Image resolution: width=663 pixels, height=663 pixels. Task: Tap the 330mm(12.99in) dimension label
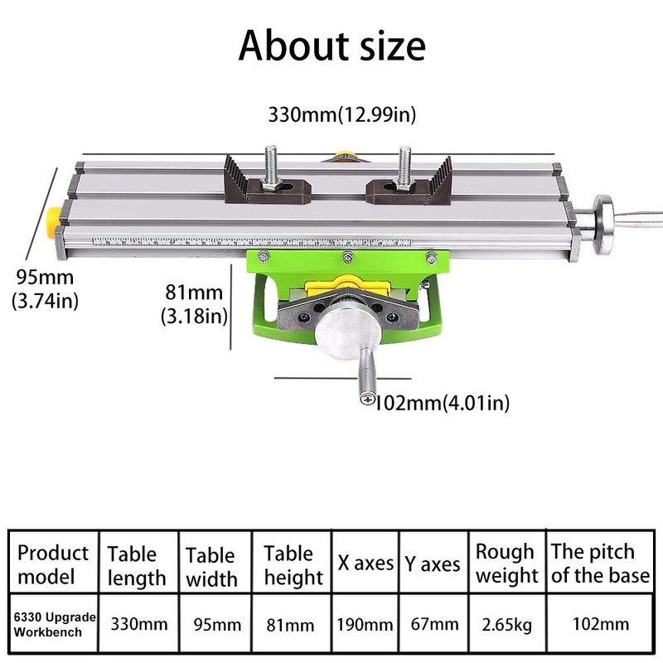point(341,114)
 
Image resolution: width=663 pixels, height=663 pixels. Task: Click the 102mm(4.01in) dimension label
point(442,404)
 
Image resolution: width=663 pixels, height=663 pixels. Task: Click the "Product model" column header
point(53,564)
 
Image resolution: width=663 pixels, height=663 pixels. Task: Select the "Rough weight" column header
point(506,564)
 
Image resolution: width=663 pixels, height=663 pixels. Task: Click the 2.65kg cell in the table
point(506,624)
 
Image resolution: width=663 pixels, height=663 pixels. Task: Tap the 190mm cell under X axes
point(365,624)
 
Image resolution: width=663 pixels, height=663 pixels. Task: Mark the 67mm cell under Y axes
point(433,624)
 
